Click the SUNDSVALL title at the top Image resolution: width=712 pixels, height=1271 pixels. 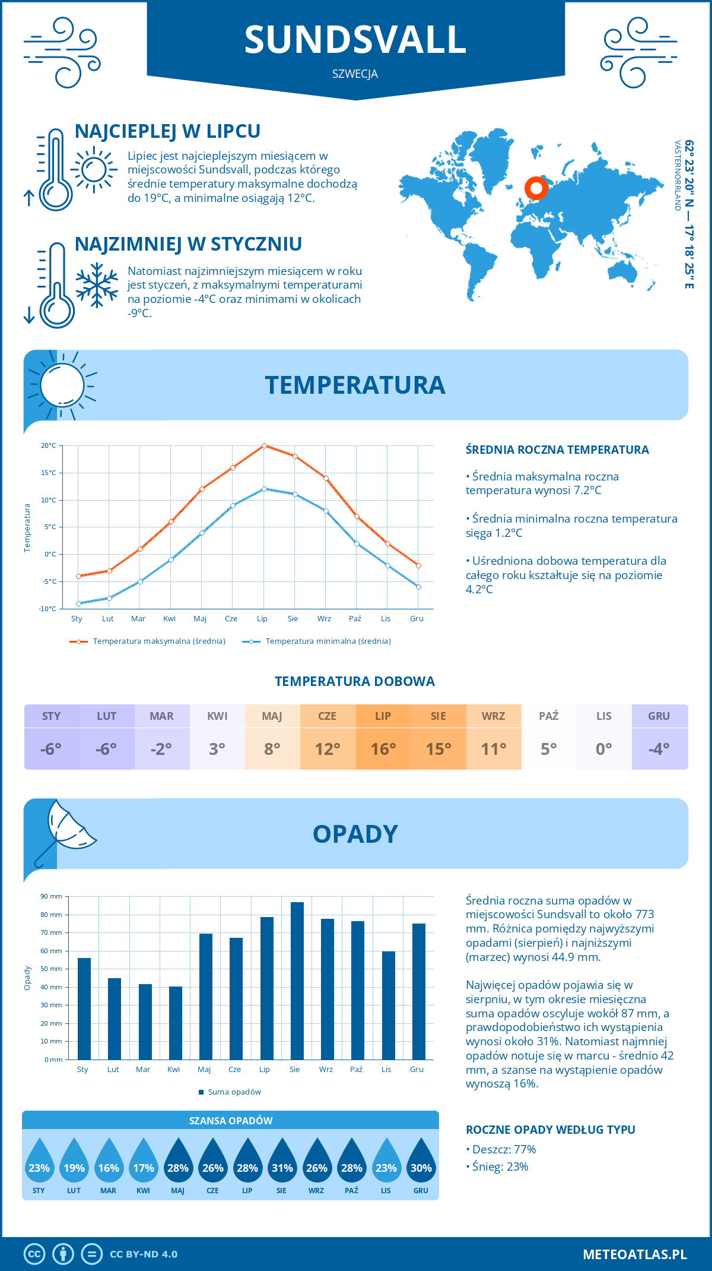click(x=355, y=40)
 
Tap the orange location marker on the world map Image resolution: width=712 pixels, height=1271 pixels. click(x=536, y=188)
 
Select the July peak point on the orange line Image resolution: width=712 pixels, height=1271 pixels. click(x=264, y=445)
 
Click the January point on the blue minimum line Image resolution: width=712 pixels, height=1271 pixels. click(x=78, y=603)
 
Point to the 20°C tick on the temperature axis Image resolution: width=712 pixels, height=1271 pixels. click(x=49, y=445)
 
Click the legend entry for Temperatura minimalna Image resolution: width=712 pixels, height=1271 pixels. click(x=317, y=641)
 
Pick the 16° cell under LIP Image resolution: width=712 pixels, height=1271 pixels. click(x=383, y=749)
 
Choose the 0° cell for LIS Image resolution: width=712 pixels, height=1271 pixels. click(x=604, y=749)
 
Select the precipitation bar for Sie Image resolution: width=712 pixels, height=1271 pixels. click(x=297, y=981)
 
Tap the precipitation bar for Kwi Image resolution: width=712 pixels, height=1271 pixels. click(x=176, y=1023)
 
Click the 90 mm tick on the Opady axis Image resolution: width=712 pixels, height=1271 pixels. click(x=52, y=896)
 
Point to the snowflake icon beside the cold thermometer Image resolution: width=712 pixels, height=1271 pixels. click(x=97, y=285)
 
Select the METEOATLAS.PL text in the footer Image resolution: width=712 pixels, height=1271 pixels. click(x=635, y=1254)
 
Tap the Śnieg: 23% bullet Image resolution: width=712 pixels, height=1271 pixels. click(x=497, y=1166)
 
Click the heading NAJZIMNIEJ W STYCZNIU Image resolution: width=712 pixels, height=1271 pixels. click(x=188, y=244)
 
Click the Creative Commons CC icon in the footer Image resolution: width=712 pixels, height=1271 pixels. click(x=34, y=1254)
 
